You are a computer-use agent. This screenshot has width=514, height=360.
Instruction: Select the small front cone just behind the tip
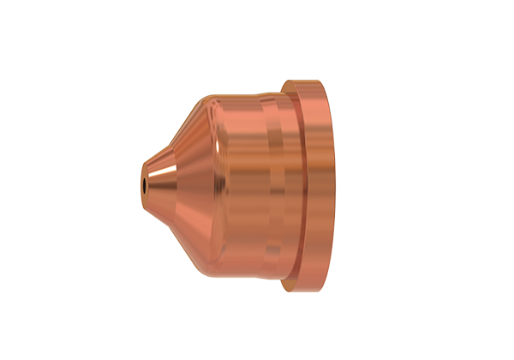(x=159, y=183)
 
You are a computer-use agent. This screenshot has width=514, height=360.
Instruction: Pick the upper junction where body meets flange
(x=287, y=90)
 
